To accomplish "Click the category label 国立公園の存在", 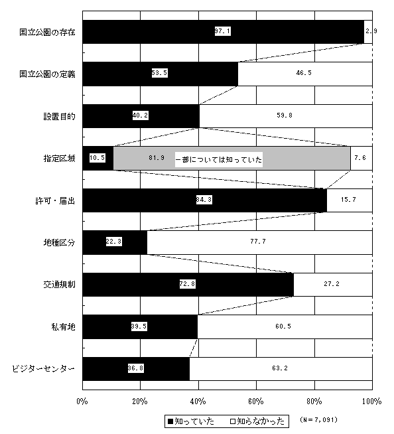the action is coord(47,32).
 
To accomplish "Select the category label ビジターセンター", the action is coord(43,369).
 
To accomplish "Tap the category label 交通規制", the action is coord(59,285).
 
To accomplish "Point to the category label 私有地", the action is coord(64,327).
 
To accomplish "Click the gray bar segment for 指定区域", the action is coord(232,158).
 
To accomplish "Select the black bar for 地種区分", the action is coord(115,242).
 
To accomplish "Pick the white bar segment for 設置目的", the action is coord(286,116).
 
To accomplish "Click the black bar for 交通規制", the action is coord(188,285).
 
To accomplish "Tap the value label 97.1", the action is coord(223,31).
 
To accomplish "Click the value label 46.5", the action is coord(304,73).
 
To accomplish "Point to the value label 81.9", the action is coord(157,158).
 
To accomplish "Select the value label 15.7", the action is coord(348,200).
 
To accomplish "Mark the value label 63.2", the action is coord(280,368).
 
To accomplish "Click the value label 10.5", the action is coord(98,158).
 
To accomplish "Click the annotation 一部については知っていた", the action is coord(219,160).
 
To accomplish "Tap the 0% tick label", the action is coord(82,401).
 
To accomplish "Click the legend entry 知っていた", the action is coord(191,421).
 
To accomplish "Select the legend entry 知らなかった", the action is coord(257,421).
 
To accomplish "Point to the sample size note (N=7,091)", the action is coord(319,420).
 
